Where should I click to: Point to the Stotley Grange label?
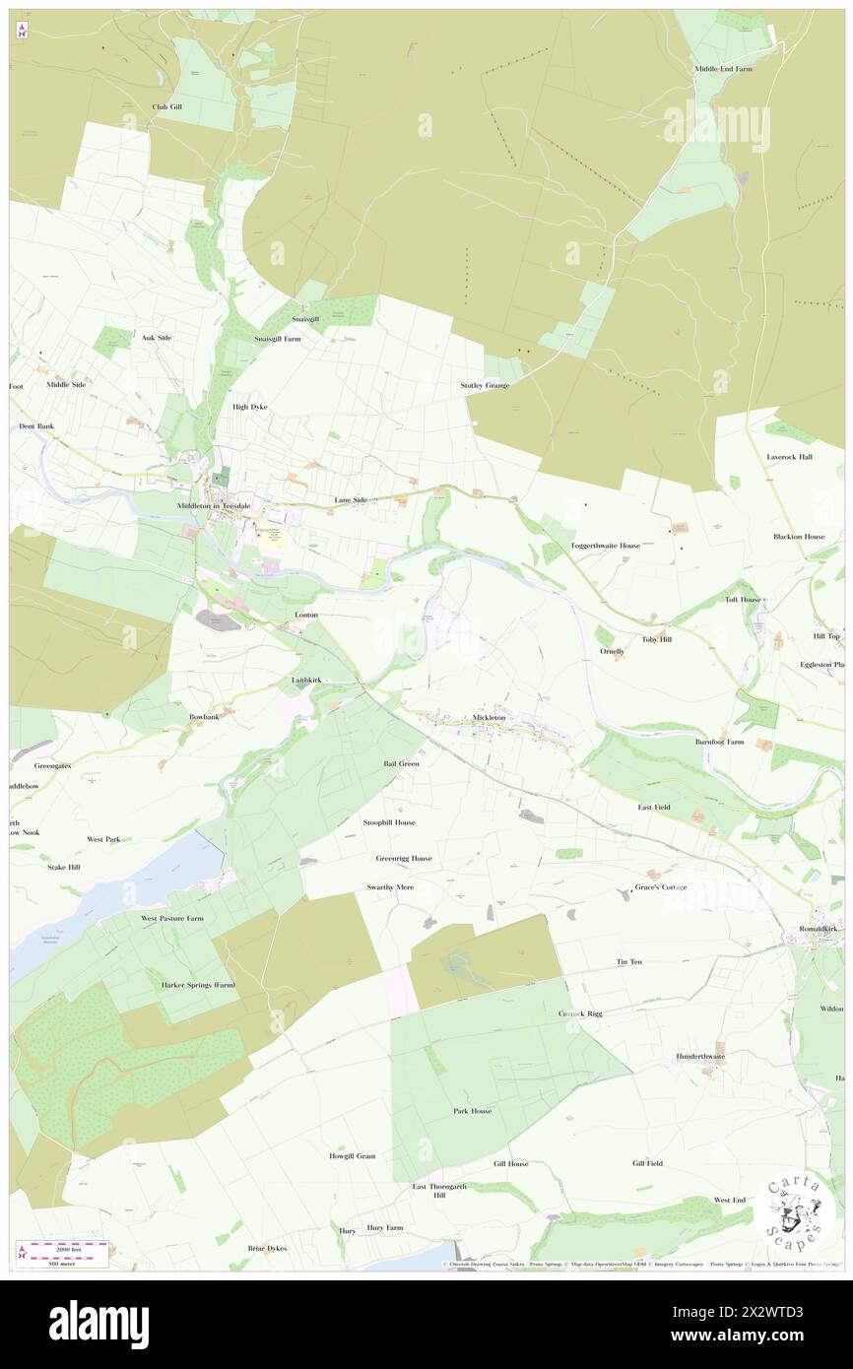pyautogui.click(x=485, y=385)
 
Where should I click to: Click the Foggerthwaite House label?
pyautogui.click(x=606, y=545)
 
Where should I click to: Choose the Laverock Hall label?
pyautogui.click(x=790, y=457)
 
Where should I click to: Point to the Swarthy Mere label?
pyautogui.click(x=390, y=886)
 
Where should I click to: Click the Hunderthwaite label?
pyautogui.click(x=700, y=1056)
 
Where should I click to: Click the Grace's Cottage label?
pyautogui.click(x=661, y=886)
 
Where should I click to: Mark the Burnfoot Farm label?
pyautogui.click(x=719, y=741)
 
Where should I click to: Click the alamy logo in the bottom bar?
pyautogui.click(x=98, y=1324)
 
